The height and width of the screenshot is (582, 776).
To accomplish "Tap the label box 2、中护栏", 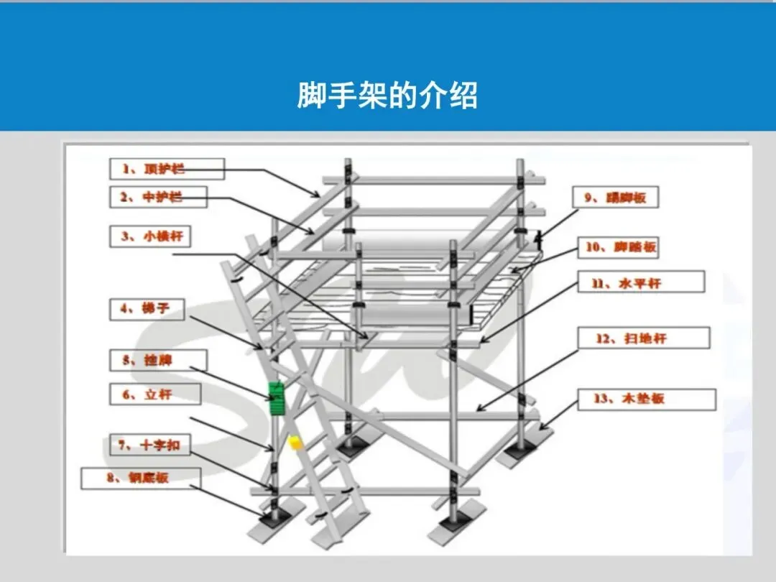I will (x=157, y=197).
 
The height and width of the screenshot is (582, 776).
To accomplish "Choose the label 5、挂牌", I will (x=157, y=360).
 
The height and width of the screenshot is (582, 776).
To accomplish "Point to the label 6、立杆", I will (x=156, y=394).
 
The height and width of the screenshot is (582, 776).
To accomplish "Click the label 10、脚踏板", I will (x=619, y=248).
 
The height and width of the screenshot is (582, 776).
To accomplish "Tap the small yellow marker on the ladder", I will (x=294, y=443).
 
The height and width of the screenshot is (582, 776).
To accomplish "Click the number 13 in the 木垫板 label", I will (x=601, y=399).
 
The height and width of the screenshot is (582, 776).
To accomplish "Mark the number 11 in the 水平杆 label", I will (x=598, y=282).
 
